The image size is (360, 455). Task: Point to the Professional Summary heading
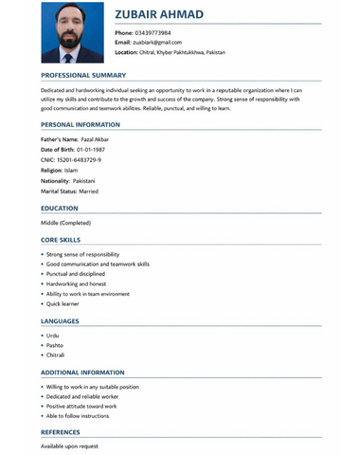(83, 74)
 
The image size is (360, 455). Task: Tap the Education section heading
(60, 208)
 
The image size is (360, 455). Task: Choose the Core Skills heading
(61, 241)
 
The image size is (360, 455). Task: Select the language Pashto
(55, 346)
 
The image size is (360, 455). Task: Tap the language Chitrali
(56, 355)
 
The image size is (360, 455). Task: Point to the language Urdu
(53, 336)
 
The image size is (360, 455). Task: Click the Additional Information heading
(82, 373)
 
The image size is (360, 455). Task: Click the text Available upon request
(69, 446)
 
